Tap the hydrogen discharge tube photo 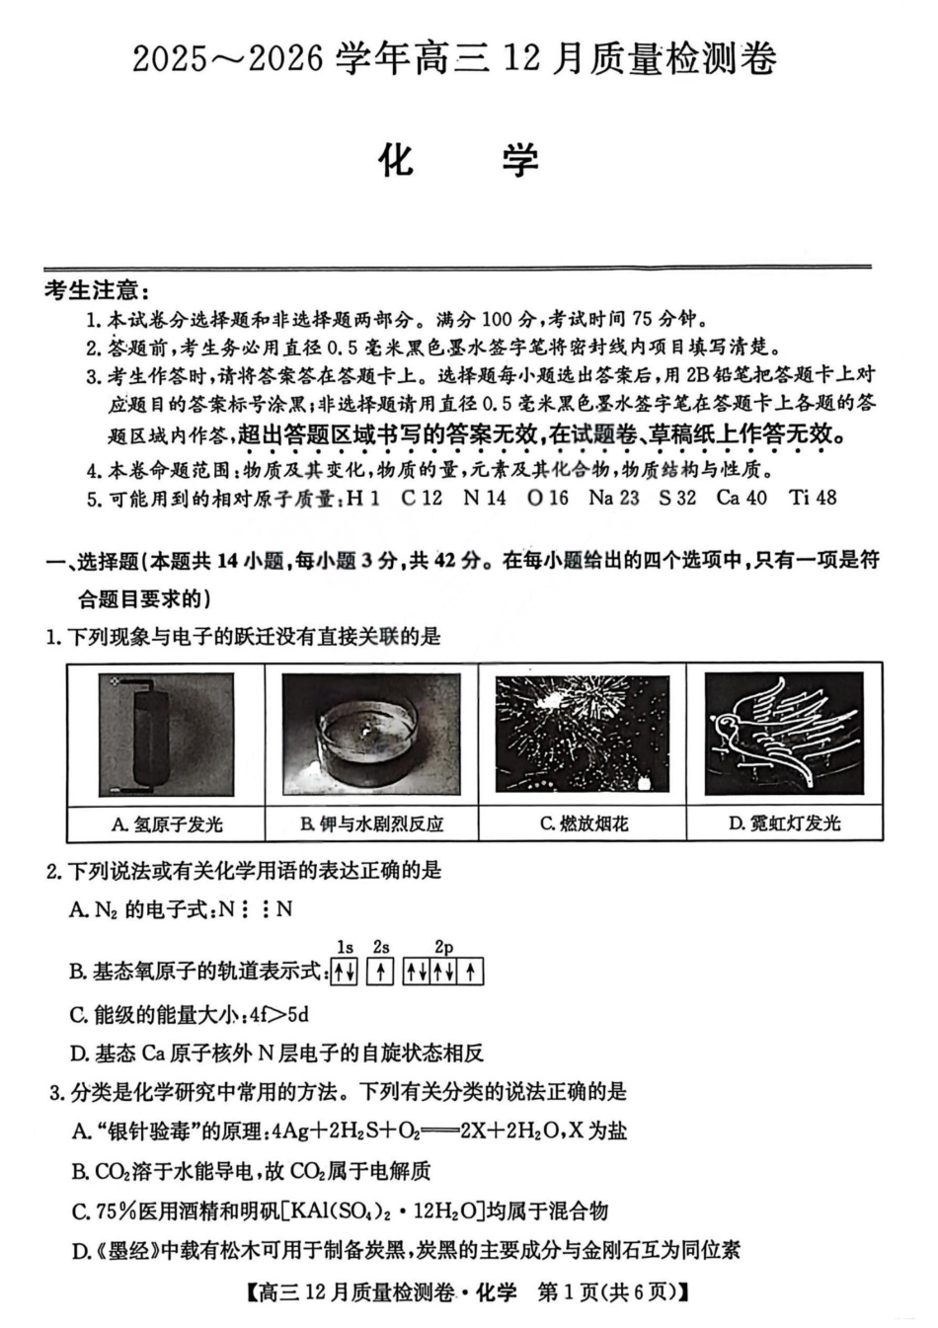coord(166,734)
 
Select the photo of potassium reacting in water coord(371,734)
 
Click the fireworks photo coord(583,734)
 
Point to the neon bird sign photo coord(783,734)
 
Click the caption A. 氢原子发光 coord(166,824)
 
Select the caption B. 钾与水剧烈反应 coord(371,824)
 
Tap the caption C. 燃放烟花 coord(584,824)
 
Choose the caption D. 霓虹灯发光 coord(784,824)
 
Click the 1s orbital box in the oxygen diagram coord(344,973)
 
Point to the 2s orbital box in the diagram coord(381,973)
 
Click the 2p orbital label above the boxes coord(443,948)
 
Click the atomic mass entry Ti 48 coord(813,498)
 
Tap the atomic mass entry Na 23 coord(613,498)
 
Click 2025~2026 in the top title coord(228,59)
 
